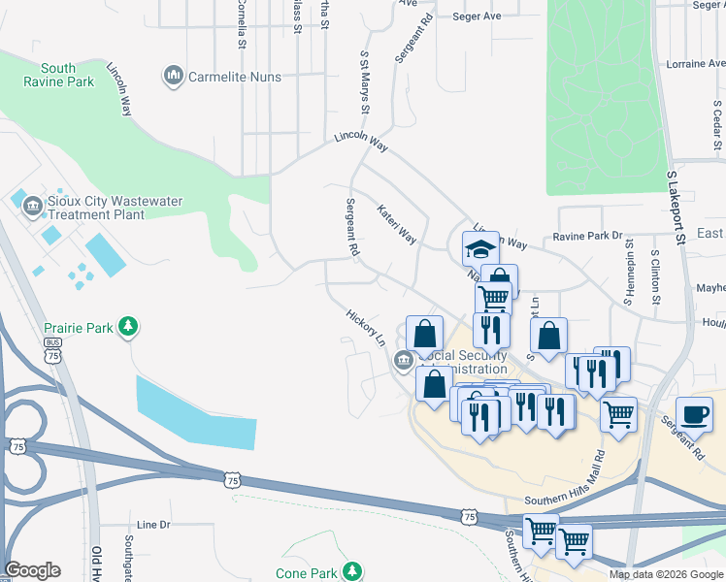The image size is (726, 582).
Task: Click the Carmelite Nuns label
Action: (x=235, y=77)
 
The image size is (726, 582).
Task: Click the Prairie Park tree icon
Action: (x=127, y=327)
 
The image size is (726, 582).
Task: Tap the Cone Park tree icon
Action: (x=352, y=571)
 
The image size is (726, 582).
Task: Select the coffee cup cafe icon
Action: (x=694, y=415)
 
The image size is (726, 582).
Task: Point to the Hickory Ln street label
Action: (x=367, y=329)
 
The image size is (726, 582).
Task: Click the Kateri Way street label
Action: (x=397, y=224)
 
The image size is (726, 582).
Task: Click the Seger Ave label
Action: (x=477, y=16)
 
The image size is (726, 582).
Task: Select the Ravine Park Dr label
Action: (x=587, y=236)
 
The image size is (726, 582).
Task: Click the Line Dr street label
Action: (x=153, y=525)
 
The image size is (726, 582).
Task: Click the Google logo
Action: (x=32, y=570)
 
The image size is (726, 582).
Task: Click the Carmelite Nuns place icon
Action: (x=175, y=76)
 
